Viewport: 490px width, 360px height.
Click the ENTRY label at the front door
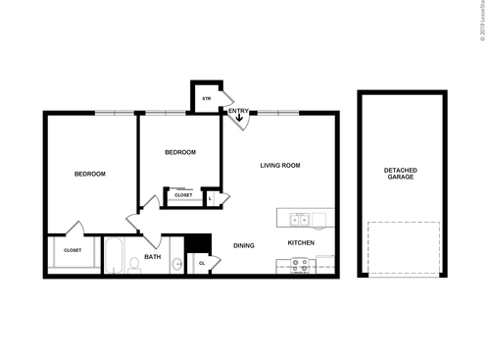click(238, 111)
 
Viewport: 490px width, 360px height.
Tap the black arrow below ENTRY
click(238, 121)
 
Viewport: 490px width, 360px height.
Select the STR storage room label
click(206, 98)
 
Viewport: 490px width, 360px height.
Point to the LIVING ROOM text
click(279, 166)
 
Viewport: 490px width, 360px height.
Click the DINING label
click(243, 244)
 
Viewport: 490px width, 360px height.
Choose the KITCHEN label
click(300, 242)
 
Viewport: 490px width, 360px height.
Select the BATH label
click(152, 257)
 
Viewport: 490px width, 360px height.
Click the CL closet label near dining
click(202, 263)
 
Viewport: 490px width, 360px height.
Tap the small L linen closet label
click(212, 197)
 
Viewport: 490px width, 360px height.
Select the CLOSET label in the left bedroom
click(73, 250)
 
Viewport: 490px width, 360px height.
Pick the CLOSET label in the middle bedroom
click(183, 195)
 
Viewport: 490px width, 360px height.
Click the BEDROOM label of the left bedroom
click(90, 174)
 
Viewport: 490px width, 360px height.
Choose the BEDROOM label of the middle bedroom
click(179, 152)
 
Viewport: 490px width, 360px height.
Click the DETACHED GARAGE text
click(399, 174)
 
